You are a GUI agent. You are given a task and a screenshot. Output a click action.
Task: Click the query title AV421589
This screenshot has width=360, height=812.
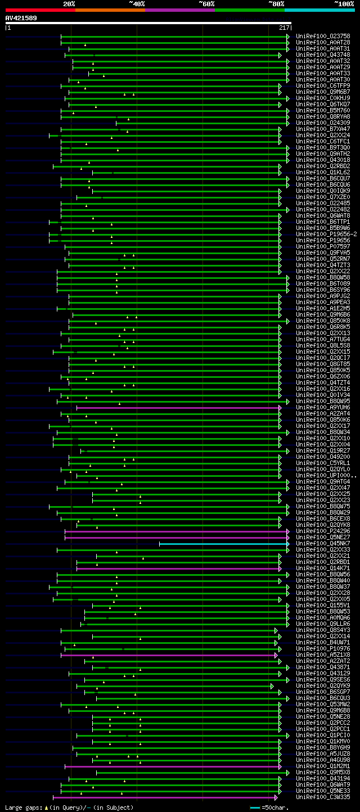pos(21,18)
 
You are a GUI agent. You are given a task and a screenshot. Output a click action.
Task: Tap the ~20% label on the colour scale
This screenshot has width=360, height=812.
pos(69,3)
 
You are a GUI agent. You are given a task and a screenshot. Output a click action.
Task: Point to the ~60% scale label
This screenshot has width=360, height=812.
pos(206,3)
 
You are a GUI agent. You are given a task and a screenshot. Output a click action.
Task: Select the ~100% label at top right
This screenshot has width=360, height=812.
pos(344,3)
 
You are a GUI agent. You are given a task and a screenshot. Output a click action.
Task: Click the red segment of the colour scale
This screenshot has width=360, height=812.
pos(40,10)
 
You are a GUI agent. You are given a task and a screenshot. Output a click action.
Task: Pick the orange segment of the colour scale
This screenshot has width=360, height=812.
pos(110,10)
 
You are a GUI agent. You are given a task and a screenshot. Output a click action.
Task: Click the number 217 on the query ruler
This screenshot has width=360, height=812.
pos(284,28)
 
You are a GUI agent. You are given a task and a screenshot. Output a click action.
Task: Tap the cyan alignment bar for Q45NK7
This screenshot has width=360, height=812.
pos(224,544)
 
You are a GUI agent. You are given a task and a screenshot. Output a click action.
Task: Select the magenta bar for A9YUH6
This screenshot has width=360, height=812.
pos(178,408)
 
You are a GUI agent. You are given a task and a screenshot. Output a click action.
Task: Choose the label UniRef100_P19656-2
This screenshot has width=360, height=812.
pos(326,234)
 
